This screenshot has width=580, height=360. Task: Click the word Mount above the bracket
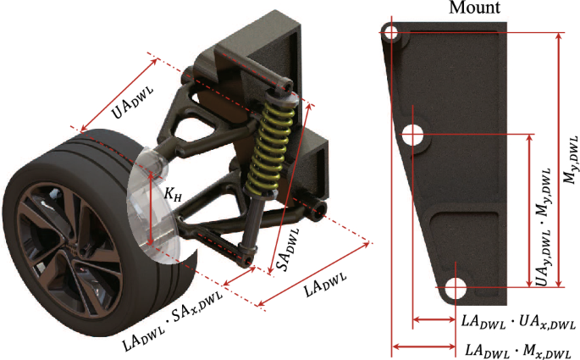point(475,8)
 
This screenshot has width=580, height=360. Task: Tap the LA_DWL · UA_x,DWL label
point(518,319)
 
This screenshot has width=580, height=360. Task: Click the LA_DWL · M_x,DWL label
point(517,348)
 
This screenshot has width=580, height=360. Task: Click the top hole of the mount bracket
point(390,32)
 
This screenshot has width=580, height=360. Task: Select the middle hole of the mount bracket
point(414,133)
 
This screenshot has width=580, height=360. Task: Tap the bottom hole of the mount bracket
point(455,287)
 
